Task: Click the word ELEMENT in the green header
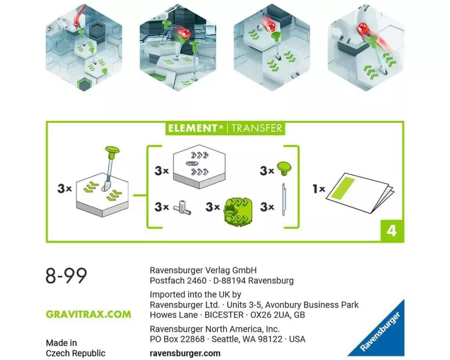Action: coord(192,128)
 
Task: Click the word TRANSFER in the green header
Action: coord(257,128)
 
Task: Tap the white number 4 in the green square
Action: coord(392,231)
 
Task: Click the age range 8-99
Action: coord(66,275)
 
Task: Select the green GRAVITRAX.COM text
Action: coord(88,314)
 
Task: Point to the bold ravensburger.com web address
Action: coord(185,353)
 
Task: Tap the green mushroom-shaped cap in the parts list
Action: coord(284,169)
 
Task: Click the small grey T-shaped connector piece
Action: coord(182,208)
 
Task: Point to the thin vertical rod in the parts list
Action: coord(284,199)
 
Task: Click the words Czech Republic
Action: coord(76,353)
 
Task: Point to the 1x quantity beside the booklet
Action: coord(319,189)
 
